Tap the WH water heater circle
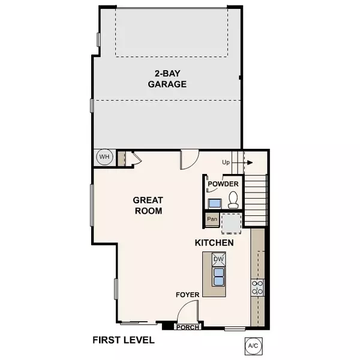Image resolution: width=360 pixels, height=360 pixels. click(x=104, y=157)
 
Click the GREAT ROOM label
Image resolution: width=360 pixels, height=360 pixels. click(x=148, y=205)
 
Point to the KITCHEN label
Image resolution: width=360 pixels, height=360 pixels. click(x=214, y=243)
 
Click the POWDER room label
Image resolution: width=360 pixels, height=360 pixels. click(x=223, y=184)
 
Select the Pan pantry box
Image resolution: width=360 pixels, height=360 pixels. click(x=212, y=219)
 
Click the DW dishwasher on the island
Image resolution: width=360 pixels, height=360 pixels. click(x=218, y=259)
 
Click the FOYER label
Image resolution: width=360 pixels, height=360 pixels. click(x=187, y=295)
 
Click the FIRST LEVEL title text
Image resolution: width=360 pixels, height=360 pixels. click(x=124, y=340)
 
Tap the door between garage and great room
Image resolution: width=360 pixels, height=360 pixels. click(x=188, y=160)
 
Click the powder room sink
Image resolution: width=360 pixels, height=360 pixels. click(x=214, y=203)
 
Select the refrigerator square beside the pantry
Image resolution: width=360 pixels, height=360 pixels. click(x=231, y=223)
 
